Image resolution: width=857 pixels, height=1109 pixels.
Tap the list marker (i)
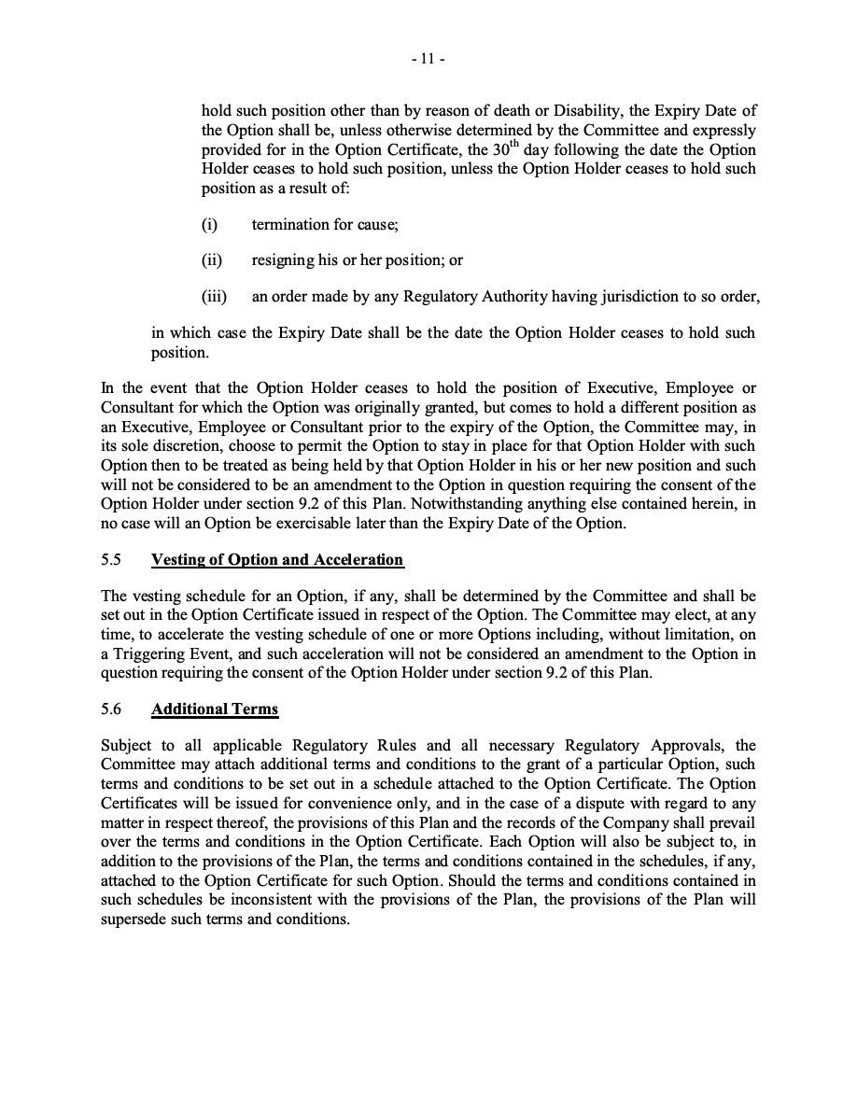pos(210,225)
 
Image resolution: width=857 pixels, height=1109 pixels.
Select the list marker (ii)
pos(212,260)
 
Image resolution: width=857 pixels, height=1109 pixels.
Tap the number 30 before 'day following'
pos(499,150)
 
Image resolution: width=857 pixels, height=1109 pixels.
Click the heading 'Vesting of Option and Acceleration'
pos(277,560)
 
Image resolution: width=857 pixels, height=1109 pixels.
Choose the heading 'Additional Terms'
pos(215,709)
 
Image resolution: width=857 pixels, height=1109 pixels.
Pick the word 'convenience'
pos(314,801)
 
